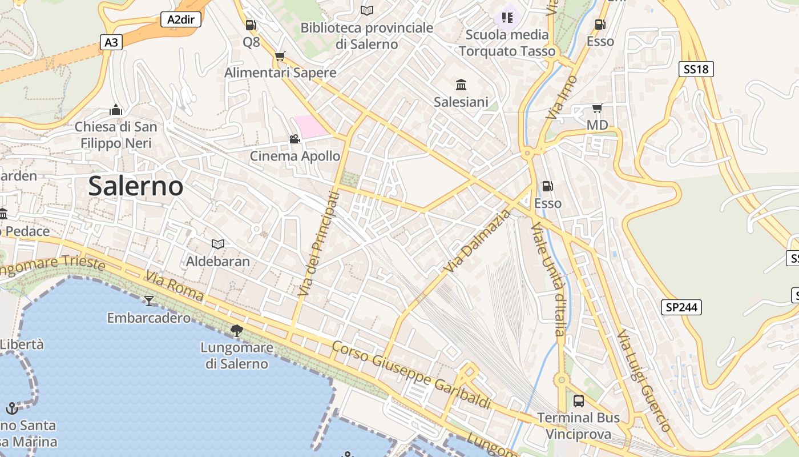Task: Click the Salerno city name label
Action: coord(136,186)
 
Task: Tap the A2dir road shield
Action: coord(180,19)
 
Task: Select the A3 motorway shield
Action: coord(112,42)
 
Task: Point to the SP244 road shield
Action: coord(682,307)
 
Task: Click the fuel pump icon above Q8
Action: coord(251,25)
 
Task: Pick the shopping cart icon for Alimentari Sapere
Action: coord(280,56)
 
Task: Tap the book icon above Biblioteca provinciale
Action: coord(367,11)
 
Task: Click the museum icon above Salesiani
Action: coord(461,86)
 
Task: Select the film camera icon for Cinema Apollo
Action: coord(294,139)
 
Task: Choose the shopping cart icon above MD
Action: coord(597,108)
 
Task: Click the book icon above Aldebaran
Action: coord(217,244)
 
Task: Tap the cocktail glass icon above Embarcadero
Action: coord(149,300)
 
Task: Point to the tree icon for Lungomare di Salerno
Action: coord(236,330)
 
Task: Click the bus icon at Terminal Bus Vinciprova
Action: coord(579,401)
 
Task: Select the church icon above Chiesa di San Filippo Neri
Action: coord(116,110)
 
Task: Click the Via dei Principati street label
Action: coord(318,244)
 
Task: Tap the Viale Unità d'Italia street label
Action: coord(549,280)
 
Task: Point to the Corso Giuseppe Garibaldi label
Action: coord(411,375)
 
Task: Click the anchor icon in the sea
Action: coord(11,408)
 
